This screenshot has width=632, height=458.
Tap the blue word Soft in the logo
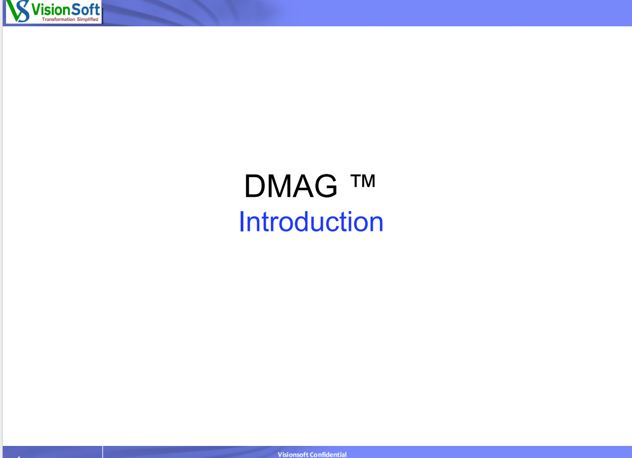point(83,9)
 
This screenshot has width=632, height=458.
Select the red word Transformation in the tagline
point(59,19)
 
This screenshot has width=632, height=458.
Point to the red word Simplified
point(88,19)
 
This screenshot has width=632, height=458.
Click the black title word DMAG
point(291,186)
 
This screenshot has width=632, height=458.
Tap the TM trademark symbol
point(363,181)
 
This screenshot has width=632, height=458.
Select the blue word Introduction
point(311,222)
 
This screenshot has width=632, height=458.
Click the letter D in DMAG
point(255,186)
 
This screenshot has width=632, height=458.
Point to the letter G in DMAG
point(325,186)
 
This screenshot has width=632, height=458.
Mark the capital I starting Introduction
point(241,222)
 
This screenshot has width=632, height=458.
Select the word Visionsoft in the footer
point(293,454)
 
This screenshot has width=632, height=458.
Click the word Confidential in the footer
point(328,454)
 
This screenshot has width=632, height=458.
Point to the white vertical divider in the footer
point(103,452)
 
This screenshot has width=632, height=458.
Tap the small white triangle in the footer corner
point(18,457)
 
